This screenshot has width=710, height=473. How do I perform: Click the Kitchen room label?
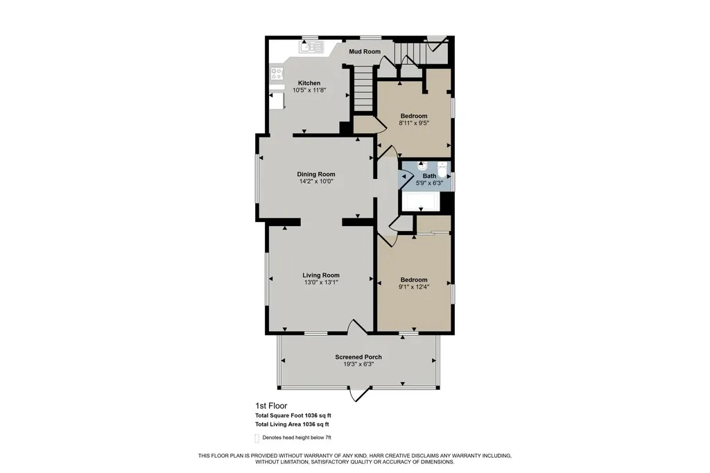pos(309,83)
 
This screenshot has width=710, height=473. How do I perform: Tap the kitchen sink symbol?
pos(311,46)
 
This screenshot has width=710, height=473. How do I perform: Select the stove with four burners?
pos(277,73)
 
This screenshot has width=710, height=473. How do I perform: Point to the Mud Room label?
pos(365,51)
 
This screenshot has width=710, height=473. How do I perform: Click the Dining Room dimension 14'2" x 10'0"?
pos(316,181)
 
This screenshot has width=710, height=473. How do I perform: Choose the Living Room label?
pos(321,275)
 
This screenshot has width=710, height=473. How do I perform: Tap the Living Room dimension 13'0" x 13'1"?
pos(321,282)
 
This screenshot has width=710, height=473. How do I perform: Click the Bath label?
pos(430,175)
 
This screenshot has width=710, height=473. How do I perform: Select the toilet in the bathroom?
pos(442,169)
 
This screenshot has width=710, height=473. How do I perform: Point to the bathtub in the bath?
pos(421,202)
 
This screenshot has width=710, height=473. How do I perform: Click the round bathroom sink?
pos(422,165)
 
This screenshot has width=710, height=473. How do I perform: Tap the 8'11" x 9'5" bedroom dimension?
pos(414,123)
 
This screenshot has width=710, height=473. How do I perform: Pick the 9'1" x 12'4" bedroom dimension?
pos(414,287)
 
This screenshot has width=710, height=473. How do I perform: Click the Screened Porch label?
pos(358,357)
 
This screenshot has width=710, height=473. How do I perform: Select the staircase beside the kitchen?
pos(363,89)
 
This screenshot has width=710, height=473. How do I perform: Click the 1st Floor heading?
pos(271,406)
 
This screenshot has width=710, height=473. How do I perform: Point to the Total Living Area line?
pos(292,424)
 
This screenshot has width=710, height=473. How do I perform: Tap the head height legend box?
pos(257,438)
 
